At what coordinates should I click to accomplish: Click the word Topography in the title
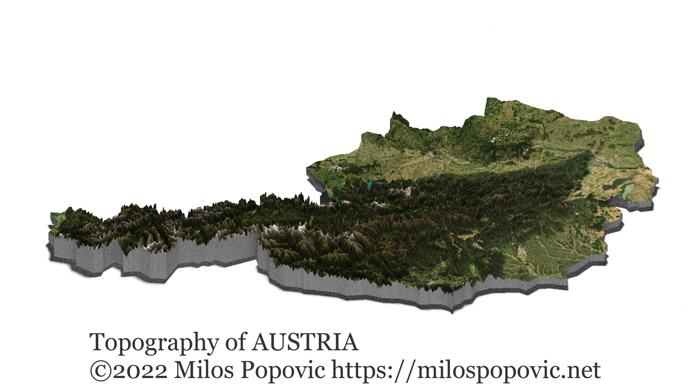[x=154, y=343]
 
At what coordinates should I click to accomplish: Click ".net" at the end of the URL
[x=581, y=371]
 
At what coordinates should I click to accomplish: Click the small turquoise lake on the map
[x=371, y=185]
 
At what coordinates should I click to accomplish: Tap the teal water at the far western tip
[x=55, y=215]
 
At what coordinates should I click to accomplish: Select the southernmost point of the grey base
[x=452, y=313]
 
